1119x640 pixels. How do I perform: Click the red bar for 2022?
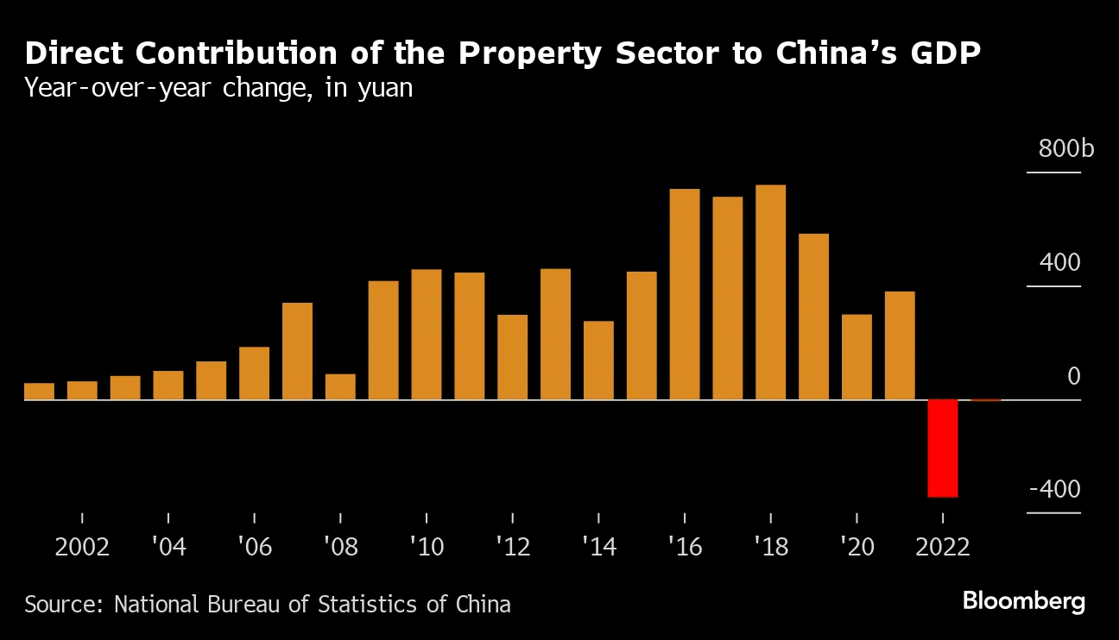point(943,449)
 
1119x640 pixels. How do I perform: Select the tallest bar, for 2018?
point(770,292)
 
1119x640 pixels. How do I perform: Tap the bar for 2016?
point(685,294)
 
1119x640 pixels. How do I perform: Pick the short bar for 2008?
point(340,387)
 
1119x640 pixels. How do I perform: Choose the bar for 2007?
point(297,351)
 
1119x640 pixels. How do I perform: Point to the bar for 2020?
point(857,357)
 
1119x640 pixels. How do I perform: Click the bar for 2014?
point(598,361)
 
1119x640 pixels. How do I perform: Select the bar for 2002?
point(82,391)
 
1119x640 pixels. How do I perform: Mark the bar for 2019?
point(813,317)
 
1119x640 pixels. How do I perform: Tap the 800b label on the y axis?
point(1065,149)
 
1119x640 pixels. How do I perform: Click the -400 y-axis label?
point(1054,490)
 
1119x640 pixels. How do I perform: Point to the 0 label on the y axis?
point(1073,376)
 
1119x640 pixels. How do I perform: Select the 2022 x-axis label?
point(943,548)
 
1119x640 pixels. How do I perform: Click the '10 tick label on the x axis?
point(426,548)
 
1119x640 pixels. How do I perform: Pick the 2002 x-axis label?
point(82,548)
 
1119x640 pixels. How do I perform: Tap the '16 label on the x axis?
point(684,548)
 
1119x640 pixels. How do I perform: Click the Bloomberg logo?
point(1023,602)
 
